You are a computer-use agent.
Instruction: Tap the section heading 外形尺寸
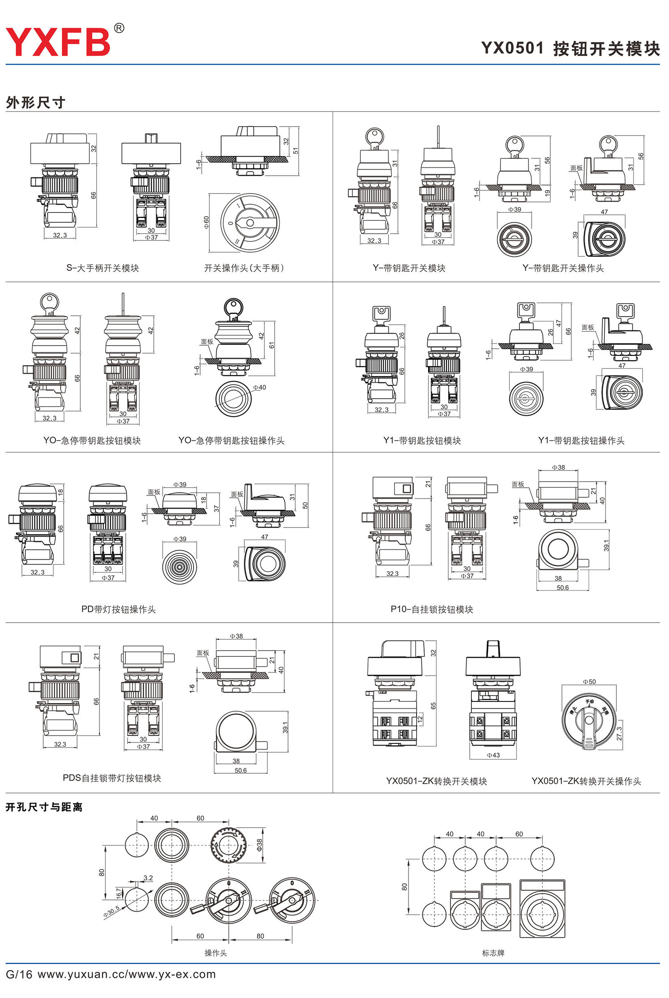(36, 103)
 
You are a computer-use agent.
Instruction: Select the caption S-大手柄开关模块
(103, 268)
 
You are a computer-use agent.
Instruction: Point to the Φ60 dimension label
(206, 222)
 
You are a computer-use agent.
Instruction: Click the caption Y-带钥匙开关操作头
(563, 268)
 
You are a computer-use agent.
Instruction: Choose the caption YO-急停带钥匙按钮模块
(92, 441)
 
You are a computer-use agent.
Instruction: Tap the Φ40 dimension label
(259, 387)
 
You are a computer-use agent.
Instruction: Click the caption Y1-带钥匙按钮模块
(422, 441)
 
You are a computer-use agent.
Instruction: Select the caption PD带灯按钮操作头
(118, 609)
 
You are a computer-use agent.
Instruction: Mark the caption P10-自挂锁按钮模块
(432, 609)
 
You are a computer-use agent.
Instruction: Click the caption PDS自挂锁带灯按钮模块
(112, 778)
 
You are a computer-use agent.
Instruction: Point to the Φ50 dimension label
(589, 681)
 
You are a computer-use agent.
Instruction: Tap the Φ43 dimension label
(493, 755)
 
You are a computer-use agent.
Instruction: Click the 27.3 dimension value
(619, 734)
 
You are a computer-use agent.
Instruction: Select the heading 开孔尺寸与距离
(44, 807)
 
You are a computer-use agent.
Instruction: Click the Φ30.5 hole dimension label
(111, 911)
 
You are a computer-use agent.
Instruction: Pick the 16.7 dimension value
(119, 892)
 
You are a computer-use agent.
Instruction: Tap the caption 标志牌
(493, 953)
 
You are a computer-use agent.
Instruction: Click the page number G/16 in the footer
(19, 974)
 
